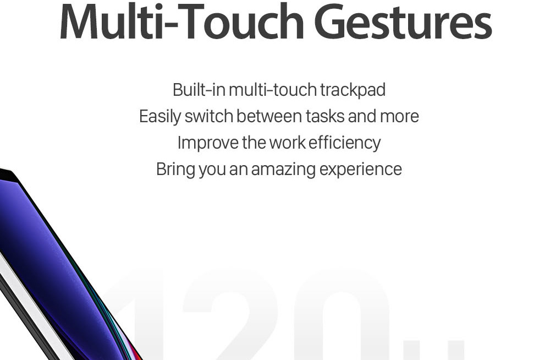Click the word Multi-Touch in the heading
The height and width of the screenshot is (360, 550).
point(182,22)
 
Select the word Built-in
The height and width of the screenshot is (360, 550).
point(199,90)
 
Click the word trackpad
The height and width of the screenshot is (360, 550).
point(353,90)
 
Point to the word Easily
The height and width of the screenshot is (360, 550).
point(160,117)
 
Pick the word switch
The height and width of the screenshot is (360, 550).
point(208,116)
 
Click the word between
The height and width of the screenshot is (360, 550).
point(269,116)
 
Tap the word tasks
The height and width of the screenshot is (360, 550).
point(325,116)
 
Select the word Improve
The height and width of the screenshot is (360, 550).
point(208,143)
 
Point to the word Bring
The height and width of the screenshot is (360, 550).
point(175,170)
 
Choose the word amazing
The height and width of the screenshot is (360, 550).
point(283,170)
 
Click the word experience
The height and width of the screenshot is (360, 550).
point(361,170)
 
